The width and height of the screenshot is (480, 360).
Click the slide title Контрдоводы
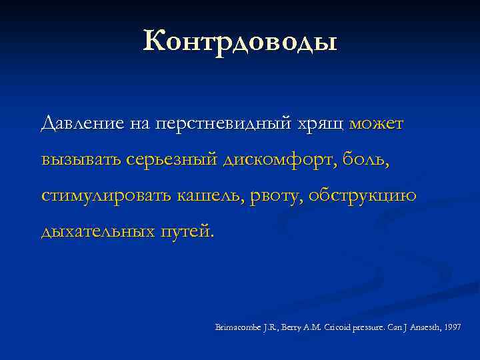pos(240,41)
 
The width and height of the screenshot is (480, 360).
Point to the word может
pos(376,124)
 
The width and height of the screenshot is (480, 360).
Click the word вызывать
pos(81,160)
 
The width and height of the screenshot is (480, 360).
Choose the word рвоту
pos(283,196)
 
